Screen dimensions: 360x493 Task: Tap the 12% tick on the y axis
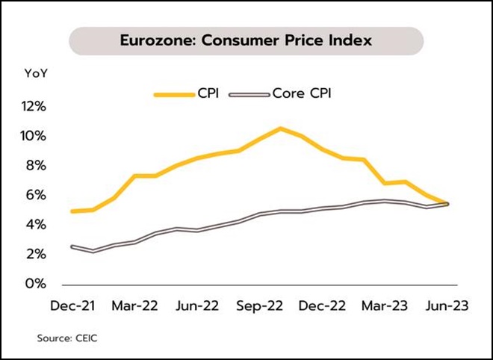(x=36, y=106)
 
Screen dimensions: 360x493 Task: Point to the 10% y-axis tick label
(x=36, y=136)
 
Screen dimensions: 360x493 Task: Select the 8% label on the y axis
(x=37, y=166)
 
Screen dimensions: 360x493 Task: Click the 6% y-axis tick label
(x=37, y=195)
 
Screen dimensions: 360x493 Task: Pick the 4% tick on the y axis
(x=37, y=225)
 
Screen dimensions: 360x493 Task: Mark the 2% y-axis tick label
(x=37, y=255)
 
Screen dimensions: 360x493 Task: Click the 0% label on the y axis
(x=37, y=284)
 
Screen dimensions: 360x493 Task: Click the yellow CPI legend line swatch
(x=173, y=94)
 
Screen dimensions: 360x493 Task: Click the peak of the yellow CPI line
(x=280, y=128)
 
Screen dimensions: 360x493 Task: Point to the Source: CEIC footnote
(x=68, y=338)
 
